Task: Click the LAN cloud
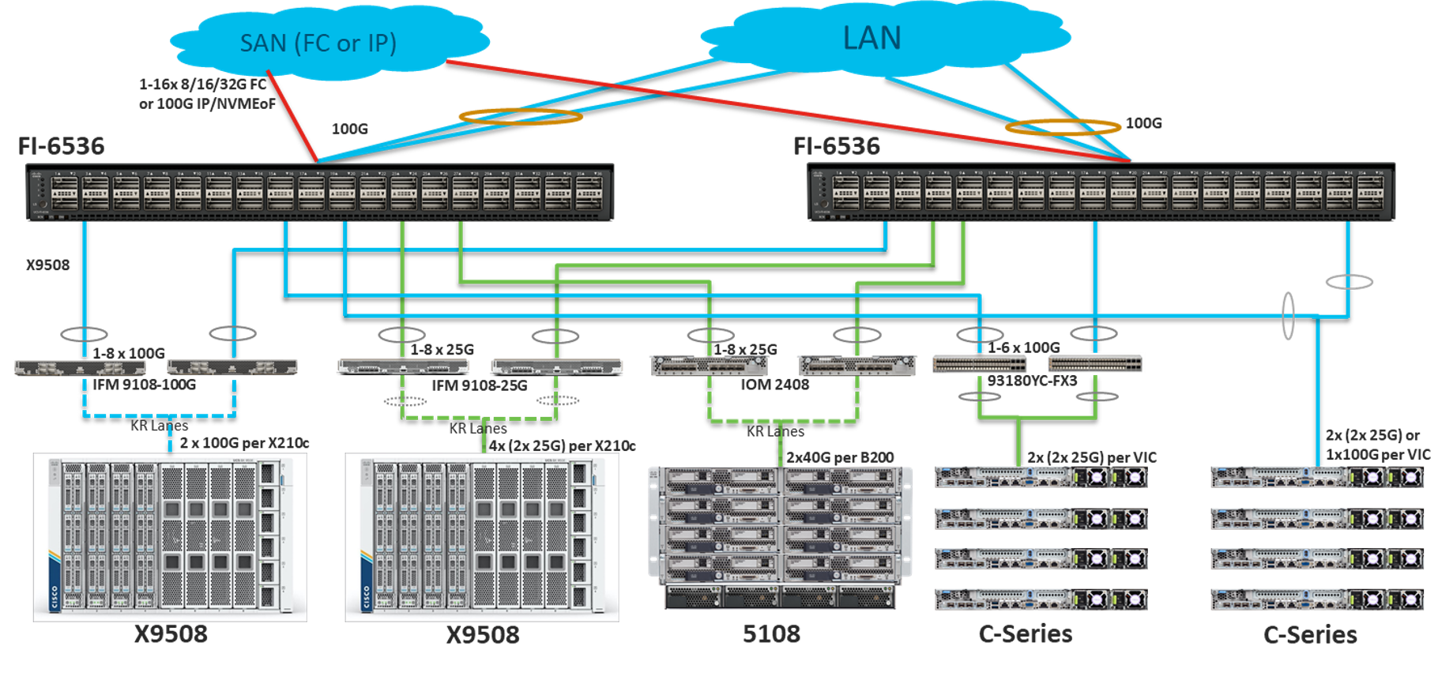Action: [x=871, y=39]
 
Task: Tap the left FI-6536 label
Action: [x=61, y=146]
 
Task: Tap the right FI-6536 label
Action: [x=836, y=146]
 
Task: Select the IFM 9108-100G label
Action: [x=144, y=385]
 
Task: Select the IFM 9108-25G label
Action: [x=479, y=385]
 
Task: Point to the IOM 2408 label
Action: [x=774, y=385]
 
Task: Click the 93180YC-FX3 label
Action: [x=1032, y=381]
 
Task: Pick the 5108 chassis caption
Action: [x=771, y=633]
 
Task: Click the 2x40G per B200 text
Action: [x=840, y=457]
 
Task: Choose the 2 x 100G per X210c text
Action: [x=244, y=443]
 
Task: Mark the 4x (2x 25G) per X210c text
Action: [x=563, y=446]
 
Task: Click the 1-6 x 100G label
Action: [x=1024, y=347]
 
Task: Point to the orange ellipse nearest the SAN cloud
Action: [x=521, y=117]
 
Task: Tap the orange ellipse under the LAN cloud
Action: [x=1062, y=126]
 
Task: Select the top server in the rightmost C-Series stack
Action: [x=1316, y=477]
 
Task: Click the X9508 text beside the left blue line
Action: [x=47, y=265]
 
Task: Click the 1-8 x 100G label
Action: [x=129, y=353]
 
